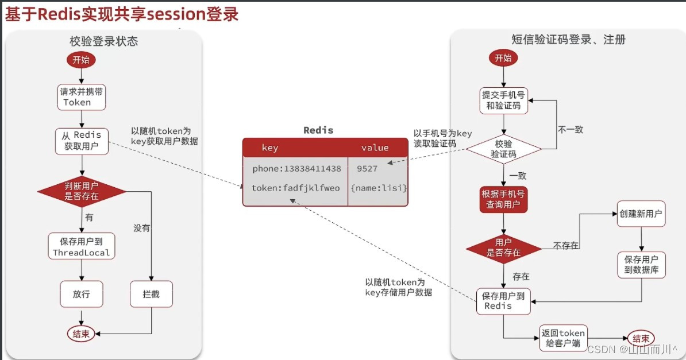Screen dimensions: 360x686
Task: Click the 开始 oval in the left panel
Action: [81, 59]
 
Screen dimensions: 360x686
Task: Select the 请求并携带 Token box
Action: [82, 97]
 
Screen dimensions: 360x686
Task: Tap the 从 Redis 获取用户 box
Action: [82, 141]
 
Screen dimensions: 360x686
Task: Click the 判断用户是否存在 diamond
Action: [82, 191]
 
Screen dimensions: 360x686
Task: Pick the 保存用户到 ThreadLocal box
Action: [82, 246]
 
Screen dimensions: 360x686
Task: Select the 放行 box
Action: [81, 294]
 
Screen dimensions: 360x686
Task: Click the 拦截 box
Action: [151, 294]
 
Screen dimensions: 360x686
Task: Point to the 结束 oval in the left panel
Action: [81, 334]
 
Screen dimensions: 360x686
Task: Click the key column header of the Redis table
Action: [270, 148]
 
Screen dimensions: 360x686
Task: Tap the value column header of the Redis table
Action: [375, 148]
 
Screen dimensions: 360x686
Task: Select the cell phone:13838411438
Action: [296, 169]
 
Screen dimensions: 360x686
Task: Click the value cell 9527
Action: [367, 169]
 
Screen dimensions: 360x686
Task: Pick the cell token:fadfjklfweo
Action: [296, 188]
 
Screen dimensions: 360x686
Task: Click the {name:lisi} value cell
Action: [379, 188]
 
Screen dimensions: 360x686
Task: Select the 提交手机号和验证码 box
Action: [503, 100]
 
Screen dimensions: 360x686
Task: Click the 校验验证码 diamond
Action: [503, 149]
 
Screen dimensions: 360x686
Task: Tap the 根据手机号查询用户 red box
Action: [503, 200]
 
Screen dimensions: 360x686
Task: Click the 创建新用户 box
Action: [641, 214]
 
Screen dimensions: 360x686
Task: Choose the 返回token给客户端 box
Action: [564, 338]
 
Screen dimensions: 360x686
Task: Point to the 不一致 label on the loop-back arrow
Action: [570, 130]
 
